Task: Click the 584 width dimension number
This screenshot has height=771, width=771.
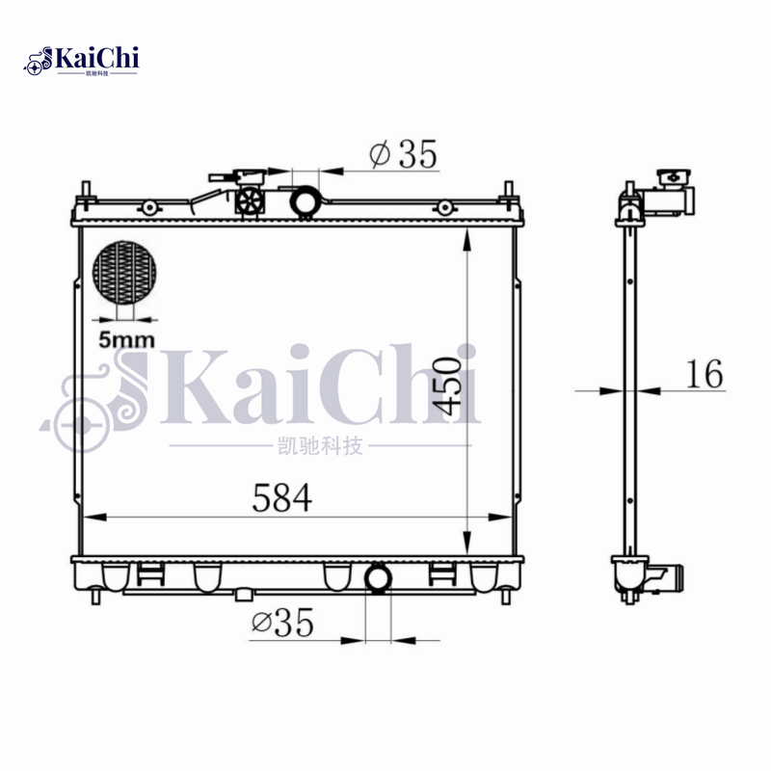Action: [x=281, y=498]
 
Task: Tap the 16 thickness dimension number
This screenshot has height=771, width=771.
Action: [x=705, y=374]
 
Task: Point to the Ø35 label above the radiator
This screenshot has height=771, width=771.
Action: [x=402, y=153]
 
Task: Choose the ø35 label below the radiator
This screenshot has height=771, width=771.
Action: [x=282, y=624]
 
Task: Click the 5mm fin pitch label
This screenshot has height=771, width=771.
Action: [x=126, y=338]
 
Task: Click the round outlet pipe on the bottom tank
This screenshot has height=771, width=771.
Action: [x=378, y=577]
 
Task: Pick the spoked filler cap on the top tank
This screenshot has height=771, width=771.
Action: [x=250, y=201]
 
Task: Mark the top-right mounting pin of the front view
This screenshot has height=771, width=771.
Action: [x=509, y=190]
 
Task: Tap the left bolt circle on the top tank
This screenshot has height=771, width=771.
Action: [x=150, y=207]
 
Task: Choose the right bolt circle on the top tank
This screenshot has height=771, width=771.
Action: [x=443, y=207]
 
